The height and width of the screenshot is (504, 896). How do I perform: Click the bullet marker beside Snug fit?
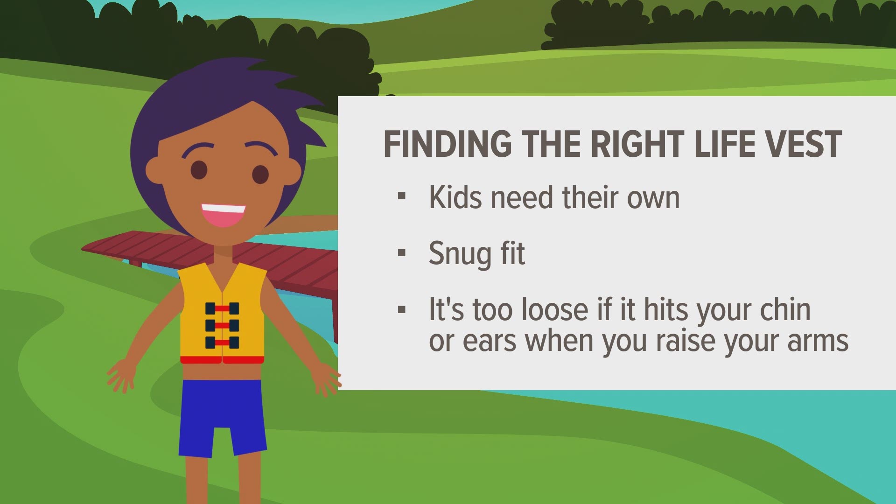401,253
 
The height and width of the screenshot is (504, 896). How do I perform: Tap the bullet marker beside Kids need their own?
401,196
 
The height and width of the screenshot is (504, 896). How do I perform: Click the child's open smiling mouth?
224,214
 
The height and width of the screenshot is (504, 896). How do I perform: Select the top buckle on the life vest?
222,308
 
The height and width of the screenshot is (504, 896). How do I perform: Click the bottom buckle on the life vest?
222,343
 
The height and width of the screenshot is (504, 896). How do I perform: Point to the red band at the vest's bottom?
222,360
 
